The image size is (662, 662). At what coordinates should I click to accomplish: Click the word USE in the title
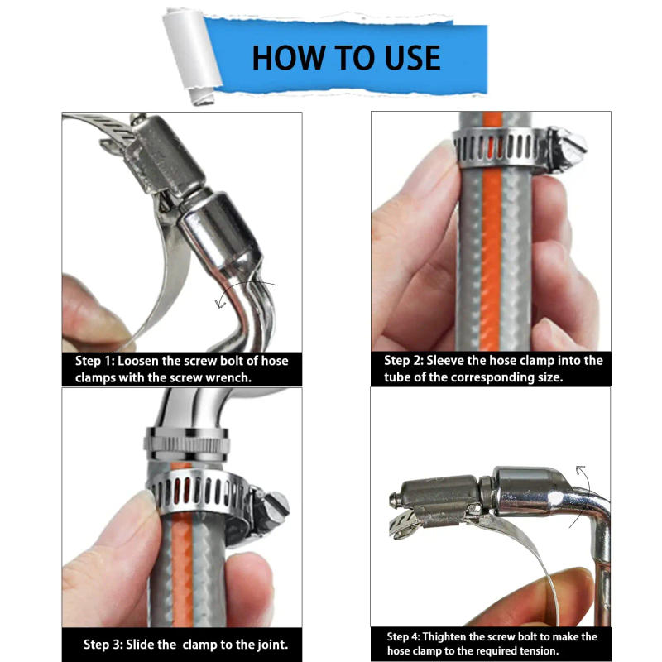pos(407,58)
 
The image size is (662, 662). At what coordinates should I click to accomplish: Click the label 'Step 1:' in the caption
pos(95,362)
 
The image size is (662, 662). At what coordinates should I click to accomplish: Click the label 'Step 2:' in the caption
pos(405,361)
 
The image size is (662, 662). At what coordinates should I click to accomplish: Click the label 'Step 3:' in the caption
pos(104,645)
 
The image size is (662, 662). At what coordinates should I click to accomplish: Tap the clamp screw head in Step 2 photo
pos(571,149)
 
